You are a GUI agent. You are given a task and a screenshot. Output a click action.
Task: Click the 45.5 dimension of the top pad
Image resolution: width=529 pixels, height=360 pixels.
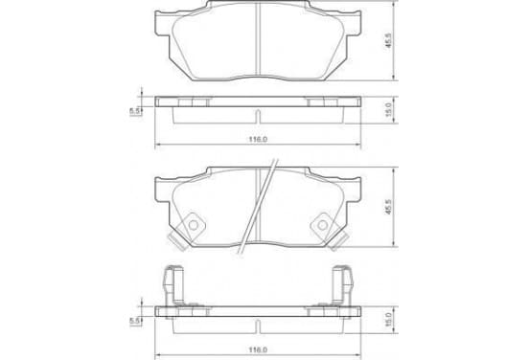[388, 40]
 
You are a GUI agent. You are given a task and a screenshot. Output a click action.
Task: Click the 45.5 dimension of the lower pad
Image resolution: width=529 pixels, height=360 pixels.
[388, 207]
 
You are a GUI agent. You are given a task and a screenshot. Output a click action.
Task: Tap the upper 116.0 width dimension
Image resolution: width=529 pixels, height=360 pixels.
[258, 139]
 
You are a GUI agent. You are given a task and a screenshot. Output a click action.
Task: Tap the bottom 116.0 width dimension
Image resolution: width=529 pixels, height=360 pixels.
[258, 350]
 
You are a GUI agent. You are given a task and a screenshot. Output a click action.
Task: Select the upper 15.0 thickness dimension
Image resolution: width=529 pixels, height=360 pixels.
[388, 110]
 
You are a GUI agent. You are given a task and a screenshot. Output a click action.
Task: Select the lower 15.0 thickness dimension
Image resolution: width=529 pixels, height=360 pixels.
[388, 320]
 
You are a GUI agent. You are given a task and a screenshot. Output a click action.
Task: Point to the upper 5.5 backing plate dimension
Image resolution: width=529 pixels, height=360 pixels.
[135, 111]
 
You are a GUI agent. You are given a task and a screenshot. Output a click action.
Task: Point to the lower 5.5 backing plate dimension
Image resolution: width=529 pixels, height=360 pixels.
[135, 322]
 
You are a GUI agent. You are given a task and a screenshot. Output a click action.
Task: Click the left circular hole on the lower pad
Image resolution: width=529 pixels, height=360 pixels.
[194, 225]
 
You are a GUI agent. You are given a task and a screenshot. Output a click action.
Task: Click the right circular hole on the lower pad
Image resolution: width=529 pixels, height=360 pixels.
[323, 225]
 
